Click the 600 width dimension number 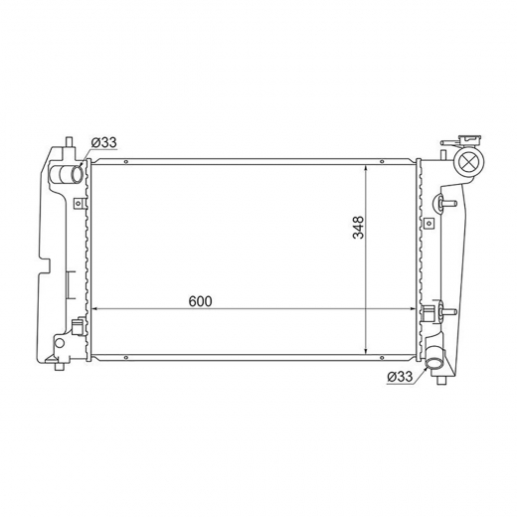(x=200, y=301)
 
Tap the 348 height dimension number (x=358, y=228)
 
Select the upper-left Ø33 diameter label (x=104, y=142)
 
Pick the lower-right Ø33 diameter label (x=400, y=377)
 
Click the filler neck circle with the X (x=470, y=162)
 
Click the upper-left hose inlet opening (x=77, y=174)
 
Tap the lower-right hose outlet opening (x=433, y=365)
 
